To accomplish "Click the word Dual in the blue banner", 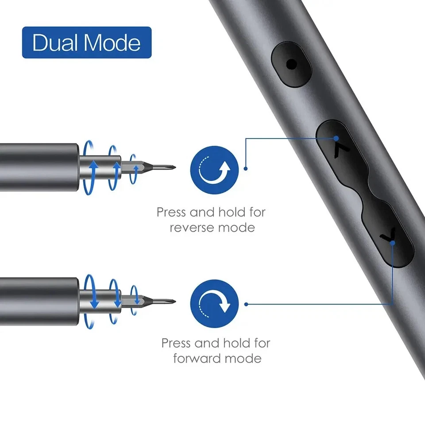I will tap(54, 42).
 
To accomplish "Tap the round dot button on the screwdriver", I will tap(291, 65).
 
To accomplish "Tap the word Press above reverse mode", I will tap(172, 212).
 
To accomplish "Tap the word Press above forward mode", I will tap(177, 343).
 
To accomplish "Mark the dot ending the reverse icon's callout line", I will tap(246, 169).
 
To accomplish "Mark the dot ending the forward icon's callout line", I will tap(246, 304).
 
